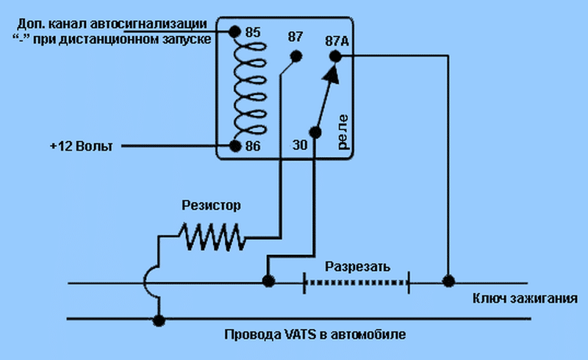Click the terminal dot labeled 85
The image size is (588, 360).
pos(234,32)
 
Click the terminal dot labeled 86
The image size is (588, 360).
pos(234,145)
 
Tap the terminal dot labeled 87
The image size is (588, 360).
pos(295,56)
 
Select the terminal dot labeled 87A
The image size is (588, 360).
pos(335,55)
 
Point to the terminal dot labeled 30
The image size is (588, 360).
pos(315,133)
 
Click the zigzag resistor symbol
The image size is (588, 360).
pos(212,237)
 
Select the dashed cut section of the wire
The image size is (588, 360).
pos(357,282)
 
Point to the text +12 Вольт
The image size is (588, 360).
pos(82,146)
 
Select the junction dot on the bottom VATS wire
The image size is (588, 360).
pos(159,320)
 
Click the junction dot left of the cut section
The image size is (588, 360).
pos(268,281)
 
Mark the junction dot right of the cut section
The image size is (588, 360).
pos(448,281)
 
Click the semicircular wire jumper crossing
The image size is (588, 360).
pos(151,281)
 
